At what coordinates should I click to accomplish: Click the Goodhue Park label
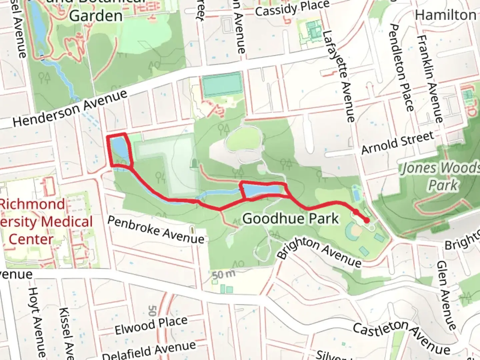[x=290, y=219]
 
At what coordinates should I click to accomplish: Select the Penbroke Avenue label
[x=156, y=230]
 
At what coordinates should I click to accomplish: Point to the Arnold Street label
[x=398, y=143]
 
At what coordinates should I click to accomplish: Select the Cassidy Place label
[x=292, y=8]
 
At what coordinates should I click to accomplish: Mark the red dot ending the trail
[x=367, y=220]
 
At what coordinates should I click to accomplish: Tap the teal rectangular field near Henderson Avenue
[x=222, y=84]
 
